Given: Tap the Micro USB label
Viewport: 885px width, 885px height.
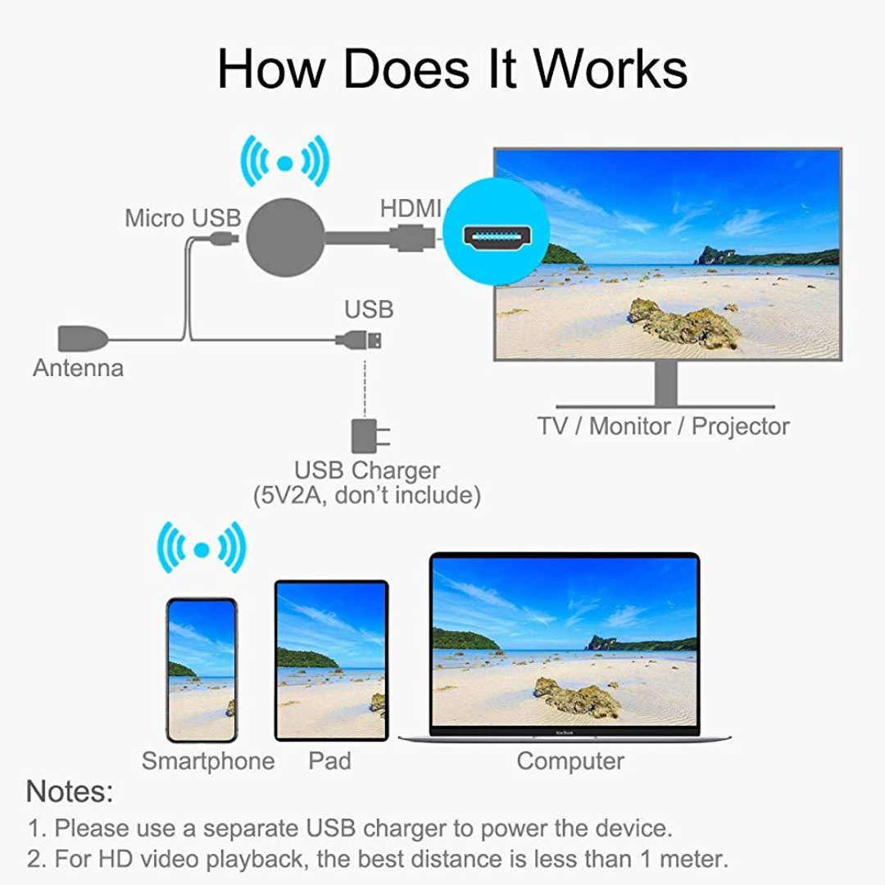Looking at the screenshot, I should (183, 218).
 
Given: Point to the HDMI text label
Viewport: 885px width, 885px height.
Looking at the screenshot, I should (411, 208).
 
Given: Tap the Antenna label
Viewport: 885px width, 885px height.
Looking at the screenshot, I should (78, 368).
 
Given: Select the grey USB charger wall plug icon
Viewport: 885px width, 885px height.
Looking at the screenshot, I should (365, 436).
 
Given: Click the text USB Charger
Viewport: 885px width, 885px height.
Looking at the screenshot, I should (366, 471).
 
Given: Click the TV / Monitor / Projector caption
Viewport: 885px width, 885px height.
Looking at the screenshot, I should (663, 426).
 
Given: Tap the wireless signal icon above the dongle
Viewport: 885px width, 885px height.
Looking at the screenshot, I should (284, 162).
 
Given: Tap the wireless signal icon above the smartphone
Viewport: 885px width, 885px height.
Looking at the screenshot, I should (202, 548).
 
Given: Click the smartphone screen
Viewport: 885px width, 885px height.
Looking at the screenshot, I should (202, 670).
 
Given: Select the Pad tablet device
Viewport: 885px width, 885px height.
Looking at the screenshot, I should (330, 660).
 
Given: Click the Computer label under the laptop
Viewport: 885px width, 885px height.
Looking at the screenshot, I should (570, 761).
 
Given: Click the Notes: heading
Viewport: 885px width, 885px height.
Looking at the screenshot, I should (70, 792).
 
